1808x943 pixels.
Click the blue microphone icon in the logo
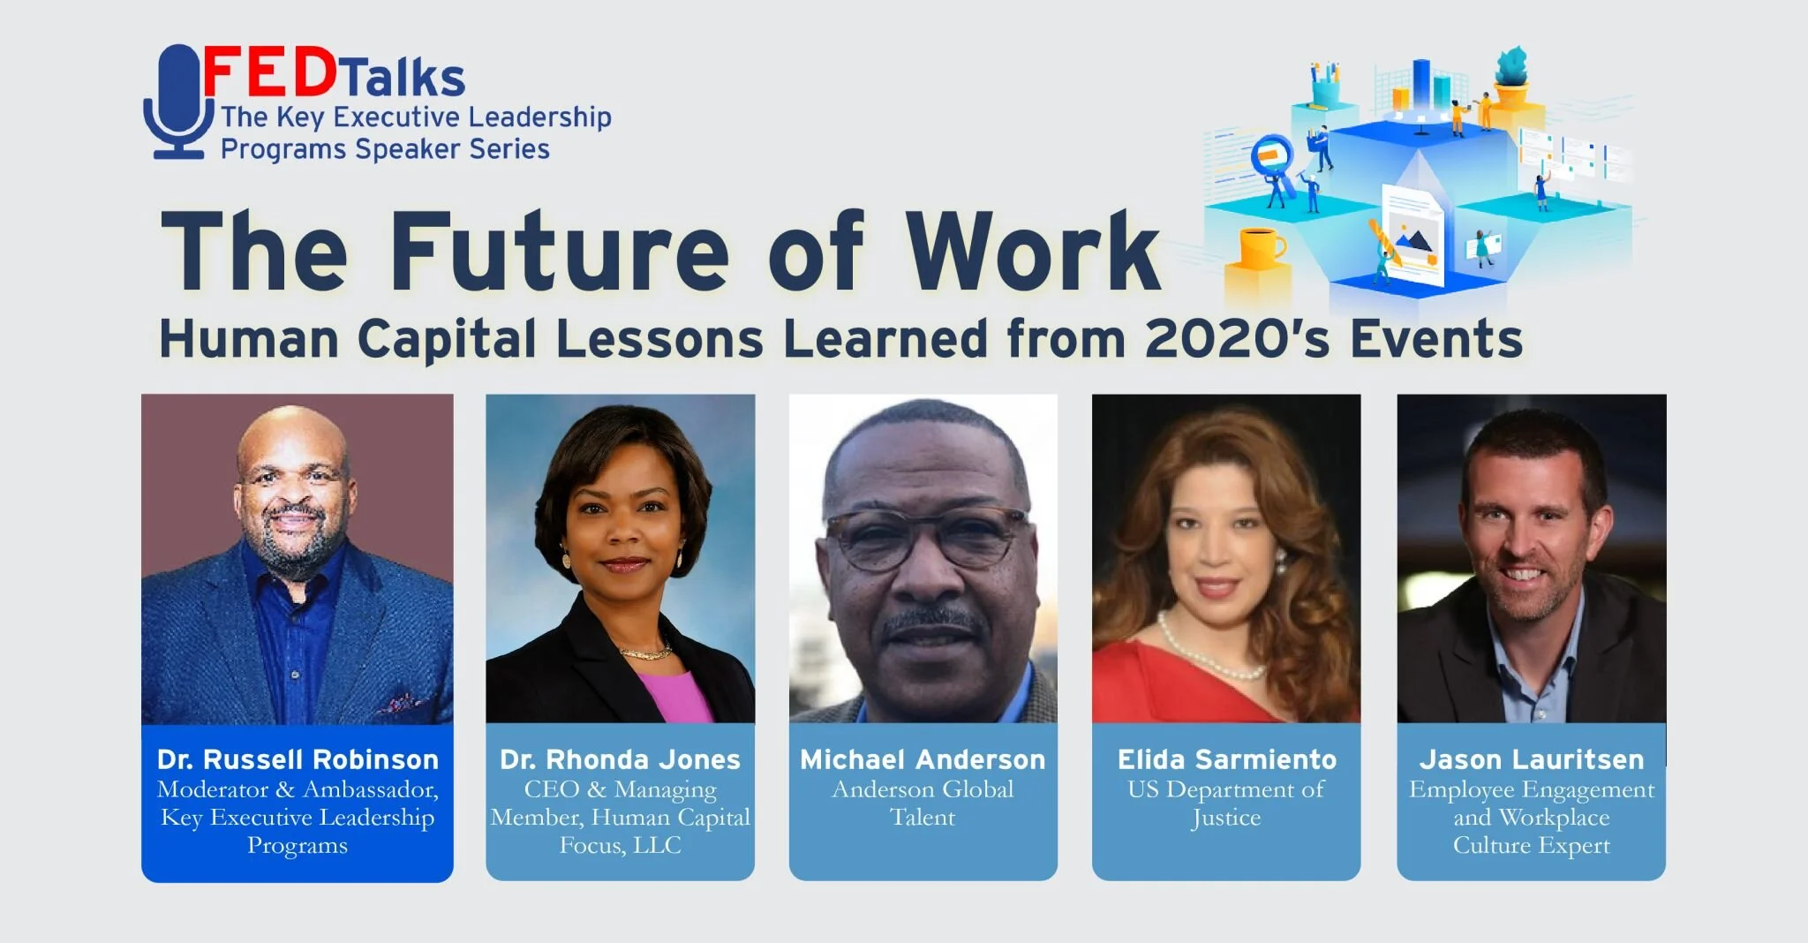pos(179,102)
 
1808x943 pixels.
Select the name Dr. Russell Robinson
pos(298,759)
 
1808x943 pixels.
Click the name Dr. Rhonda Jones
pos(620,759)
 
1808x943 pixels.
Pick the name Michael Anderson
pos(923,759)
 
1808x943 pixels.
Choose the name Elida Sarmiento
pos(1226,759)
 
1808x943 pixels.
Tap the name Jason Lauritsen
pos(1531,759)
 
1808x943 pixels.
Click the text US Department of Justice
pos(1226,803)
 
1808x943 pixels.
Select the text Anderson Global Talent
pos(923,803)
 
